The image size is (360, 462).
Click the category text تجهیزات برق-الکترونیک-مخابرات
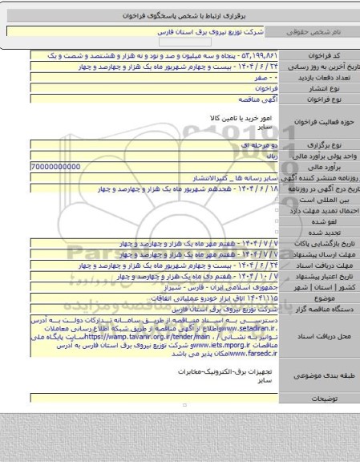[229, 374]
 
